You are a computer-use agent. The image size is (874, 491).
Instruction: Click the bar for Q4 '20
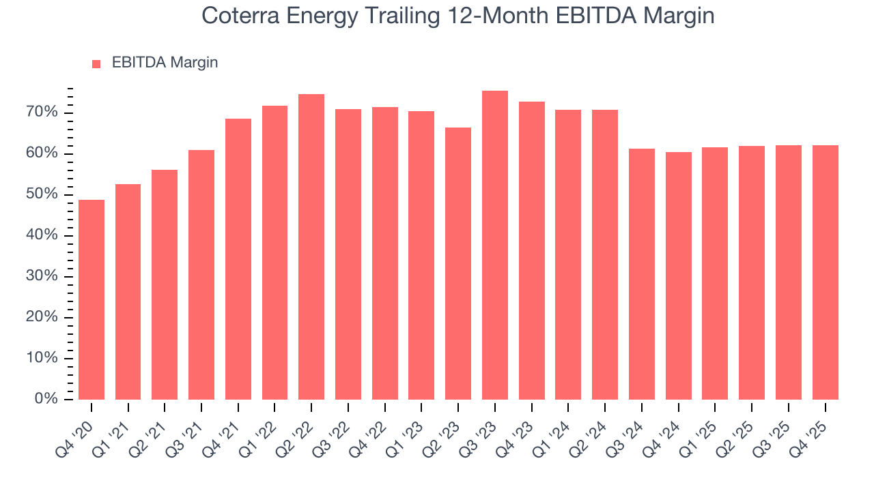(91, 299)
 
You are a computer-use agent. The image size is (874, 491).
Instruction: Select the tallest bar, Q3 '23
(495, 245)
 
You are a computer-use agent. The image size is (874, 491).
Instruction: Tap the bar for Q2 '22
(311, 247)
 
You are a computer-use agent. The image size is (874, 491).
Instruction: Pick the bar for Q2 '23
(458, 263)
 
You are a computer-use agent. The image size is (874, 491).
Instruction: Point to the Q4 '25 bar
(825, 272)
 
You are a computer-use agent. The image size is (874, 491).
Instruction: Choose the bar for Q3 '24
(642, 273)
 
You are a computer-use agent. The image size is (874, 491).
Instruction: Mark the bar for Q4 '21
(238, 259)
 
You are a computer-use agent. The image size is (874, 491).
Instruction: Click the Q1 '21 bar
(128, 292)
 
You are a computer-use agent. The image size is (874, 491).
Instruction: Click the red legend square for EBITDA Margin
(96, 63)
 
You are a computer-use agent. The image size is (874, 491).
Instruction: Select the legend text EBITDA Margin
(165, 63)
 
